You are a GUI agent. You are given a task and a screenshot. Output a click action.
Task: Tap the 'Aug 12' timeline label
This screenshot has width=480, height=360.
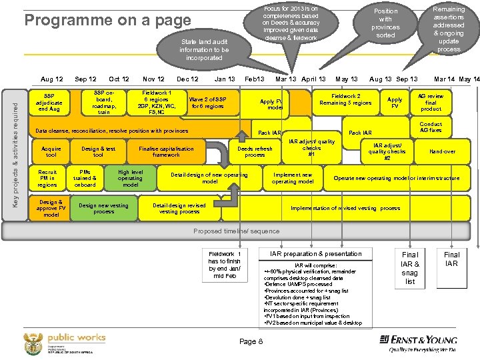(x=51, y=79)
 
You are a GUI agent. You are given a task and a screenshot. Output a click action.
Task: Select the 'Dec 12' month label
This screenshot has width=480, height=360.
(x=187, y=79)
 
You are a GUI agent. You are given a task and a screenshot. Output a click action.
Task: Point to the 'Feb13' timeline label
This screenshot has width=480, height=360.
(x=255, y=79)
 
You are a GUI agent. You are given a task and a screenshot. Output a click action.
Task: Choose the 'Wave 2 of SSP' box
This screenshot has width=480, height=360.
(x=207, y=103)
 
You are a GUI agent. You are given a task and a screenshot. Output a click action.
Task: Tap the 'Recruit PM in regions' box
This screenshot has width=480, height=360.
(x=48, y=177)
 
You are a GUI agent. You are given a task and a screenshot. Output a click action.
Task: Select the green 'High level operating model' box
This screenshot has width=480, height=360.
(x=130, y=178)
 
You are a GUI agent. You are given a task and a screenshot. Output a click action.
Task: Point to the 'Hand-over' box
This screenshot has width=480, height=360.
(x=443, y=151)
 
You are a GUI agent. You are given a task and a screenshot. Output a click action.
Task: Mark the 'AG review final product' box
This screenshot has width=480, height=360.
(x=431, y=103)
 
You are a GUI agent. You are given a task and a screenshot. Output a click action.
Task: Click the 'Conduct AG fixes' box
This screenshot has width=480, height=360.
(x=431, y=127)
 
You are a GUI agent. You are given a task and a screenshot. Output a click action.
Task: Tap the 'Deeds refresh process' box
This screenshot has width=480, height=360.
(x=255, y=151)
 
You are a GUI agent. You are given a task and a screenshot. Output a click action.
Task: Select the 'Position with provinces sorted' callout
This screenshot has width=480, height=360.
(x=385, y=23)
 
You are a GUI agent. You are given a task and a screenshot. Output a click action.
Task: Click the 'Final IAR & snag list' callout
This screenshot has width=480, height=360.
(x=410, y=268)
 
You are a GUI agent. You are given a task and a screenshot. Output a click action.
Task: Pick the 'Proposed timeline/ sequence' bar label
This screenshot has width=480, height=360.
(x=237, y=231)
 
